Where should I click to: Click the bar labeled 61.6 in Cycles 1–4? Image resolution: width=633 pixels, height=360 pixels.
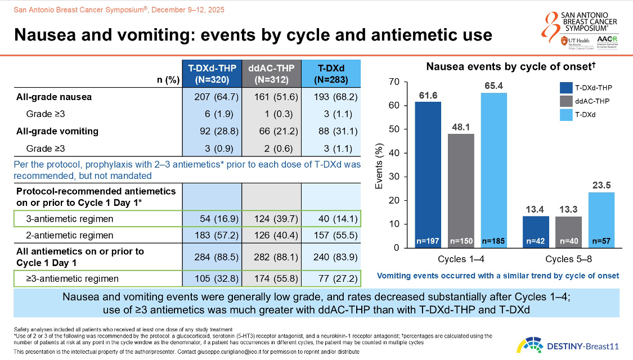pos(428,174)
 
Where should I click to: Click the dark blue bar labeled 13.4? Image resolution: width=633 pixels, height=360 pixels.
pos(536,231)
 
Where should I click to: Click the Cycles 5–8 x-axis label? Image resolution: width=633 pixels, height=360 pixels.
pos(569,260)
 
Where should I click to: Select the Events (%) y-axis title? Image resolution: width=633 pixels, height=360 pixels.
pos(379,164)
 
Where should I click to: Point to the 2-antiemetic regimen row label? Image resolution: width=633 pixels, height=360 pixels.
pos(70,235)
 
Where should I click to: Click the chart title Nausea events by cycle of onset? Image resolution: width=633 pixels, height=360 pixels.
pos(511,67)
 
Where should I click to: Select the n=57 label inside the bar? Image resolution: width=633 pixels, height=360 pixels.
pos(602,241)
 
